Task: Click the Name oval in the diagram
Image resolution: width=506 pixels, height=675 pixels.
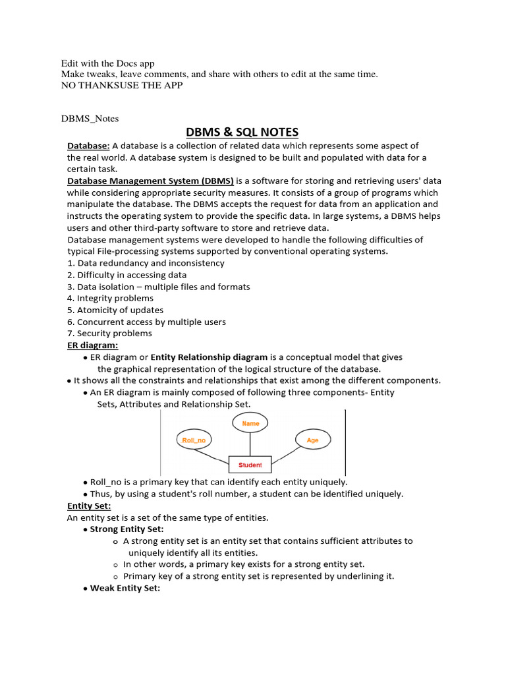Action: [x=250, y=423]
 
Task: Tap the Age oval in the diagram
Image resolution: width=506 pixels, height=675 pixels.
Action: [x=312, y=440]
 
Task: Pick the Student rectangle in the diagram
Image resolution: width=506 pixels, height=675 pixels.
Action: [x=250, y=465]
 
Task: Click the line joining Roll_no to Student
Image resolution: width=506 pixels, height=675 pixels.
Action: [x=217, y=456]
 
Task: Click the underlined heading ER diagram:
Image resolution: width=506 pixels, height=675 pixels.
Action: [x=92, y=345]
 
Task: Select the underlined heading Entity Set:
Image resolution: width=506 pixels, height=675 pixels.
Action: [x=89, y=506]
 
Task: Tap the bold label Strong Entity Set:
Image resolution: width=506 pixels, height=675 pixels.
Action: [x=126, y=529]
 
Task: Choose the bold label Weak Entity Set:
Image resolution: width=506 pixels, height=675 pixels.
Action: [x=125, y=588]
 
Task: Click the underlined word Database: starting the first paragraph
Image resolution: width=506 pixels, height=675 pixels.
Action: [x=88, y=146]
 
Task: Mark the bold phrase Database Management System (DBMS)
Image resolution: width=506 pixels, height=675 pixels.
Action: [x=150, y=181]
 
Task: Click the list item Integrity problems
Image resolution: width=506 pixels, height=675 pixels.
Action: [x=110, y=298]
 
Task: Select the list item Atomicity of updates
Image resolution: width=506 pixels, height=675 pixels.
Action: [x=115, y=310]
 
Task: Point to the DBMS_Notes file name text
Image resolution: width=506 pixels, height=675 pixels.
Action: [x=90, y=119]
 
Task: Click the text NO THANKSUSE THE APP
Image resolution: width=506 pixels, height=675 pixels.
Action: [x=122, y=85]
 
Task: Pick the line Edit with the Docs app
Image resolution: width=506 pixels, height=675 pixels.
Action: [x=107, y=63]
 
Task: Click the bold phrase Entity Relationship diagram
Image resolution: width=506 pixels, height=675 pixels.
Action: [x=206, y=357]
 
